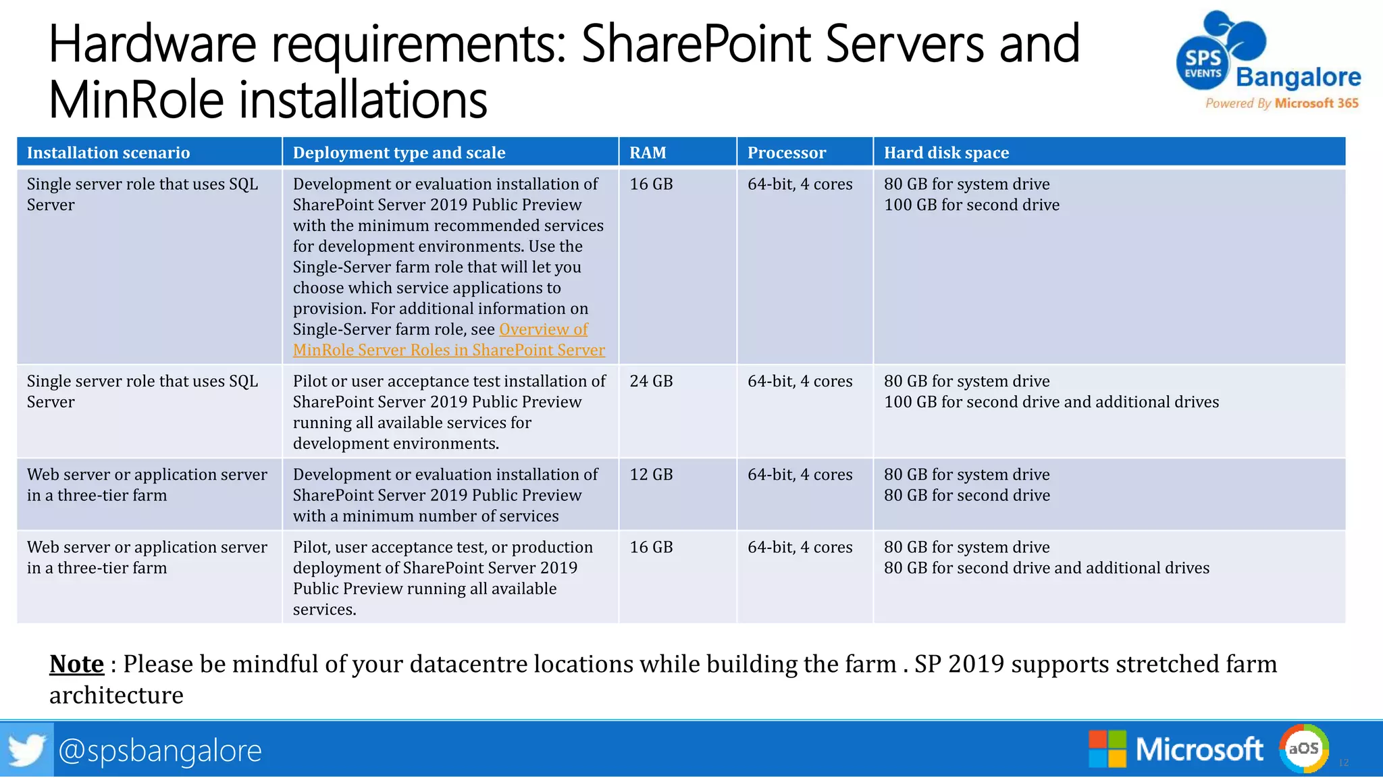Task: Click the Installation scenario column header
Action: (x=108, y=153)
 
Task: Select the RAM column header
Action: (x=648, y=153)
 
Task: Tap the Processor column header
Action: (x=786, y=153)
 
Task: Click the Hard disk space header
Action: (x=946, y=153)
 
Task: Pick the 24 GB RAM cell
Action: (x=651, y=382)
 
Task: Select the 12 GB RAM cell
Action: (x=651, y=475)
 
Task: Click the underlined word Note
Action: (x=76, y=664)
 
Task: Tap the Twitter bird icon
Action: (x=26, y=750)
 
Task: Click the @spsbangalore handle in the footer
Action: (x=160, y=750)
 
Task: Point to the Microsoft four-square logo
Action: (x=1107, y=749)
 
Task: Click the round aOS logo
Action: (x=1303, y=748)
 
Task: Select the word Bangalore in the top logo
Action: (x=1298, y=77)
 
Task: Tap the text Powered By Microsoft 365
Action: (x=1282, y=103)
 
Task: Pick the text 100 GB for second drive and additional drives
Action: (x=1051, y=403)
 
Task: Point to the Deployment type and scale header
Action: (x=398, y=153)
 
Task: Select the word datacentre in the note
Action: (x=468, y=665)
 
